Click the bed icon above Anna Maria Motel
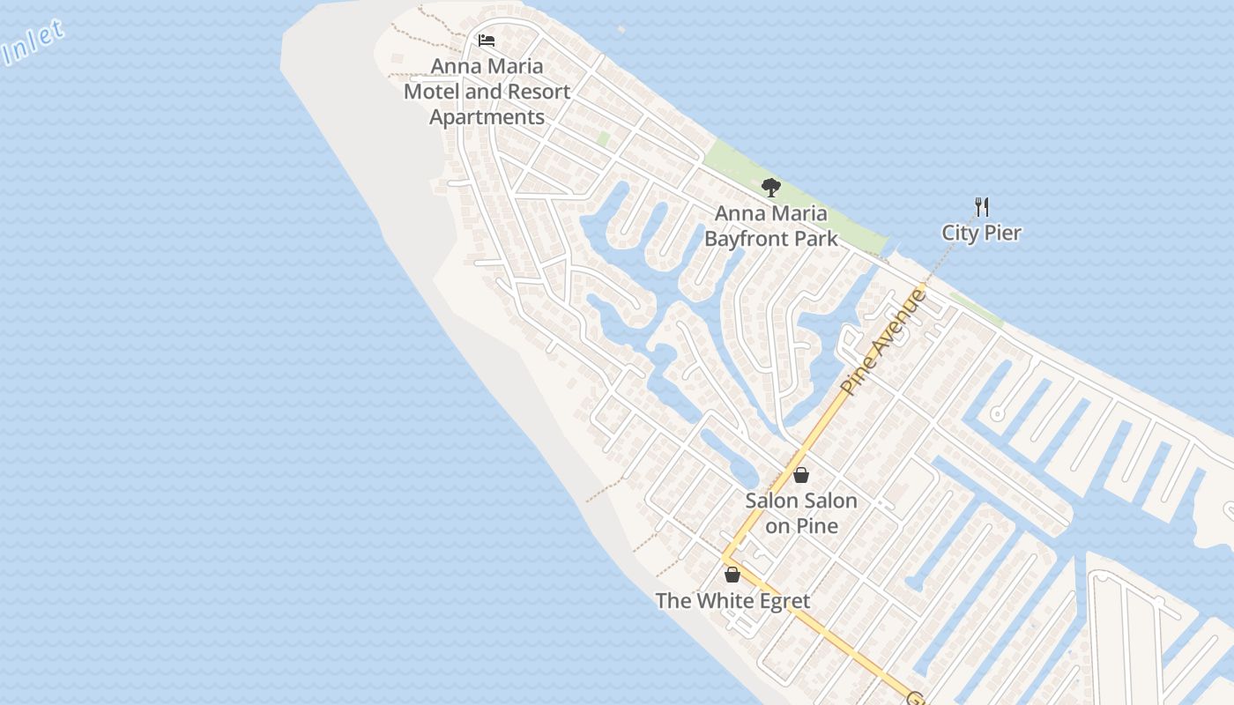[x=486, y=41]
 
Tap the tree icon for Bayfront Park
[x=770, y=187]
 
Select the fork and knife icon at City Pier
[x=982, y=207]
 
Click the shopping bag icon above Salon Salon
[x=801, y=476]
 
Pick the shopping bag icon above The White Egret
[x=732, y=575]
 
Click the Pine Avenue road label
[x=884, y=341]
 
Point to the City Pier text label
[x=981, y=234]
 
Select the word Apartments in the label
[x=487, y=117]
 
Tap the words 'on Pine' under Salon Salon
[x=801, y=526]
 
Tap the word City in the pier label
[x=960, y=234]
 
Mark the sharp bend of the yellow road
[x=725, y=558]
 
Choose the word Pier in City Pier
[x=1004, y=234]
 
